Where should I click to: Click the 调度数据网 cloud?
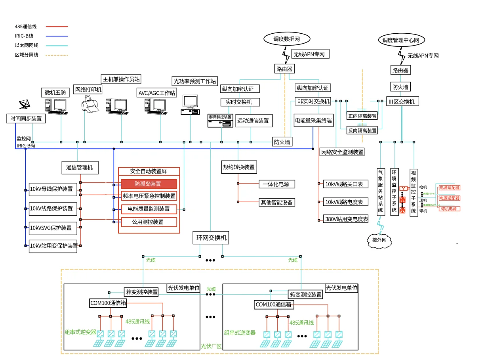coord(286,39)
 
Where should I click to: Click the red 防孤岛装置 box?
coord(149,184)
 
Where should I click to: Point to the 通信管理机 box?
coord(80,167)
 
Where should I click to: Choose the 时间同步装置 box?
coord(26,119)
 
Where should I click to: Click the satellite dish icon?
coord(24,105)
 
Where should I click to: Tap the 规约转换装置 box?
coord(239,167)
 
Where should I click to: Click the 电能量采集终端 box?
coord(313,120)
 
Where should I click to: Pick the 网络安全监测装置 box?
coord(342,152)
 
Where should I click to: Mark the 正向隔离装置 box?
coord(362,116)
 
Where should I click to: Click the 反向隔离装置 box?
coord(362,130)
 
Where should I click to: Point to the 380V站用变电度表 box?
coord(347,219)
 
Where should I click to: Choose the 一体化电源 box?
coord(277,184)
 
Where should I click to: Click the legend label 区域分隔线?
coord(27,55)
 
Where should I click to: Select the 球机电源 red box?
coord(449,209)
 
